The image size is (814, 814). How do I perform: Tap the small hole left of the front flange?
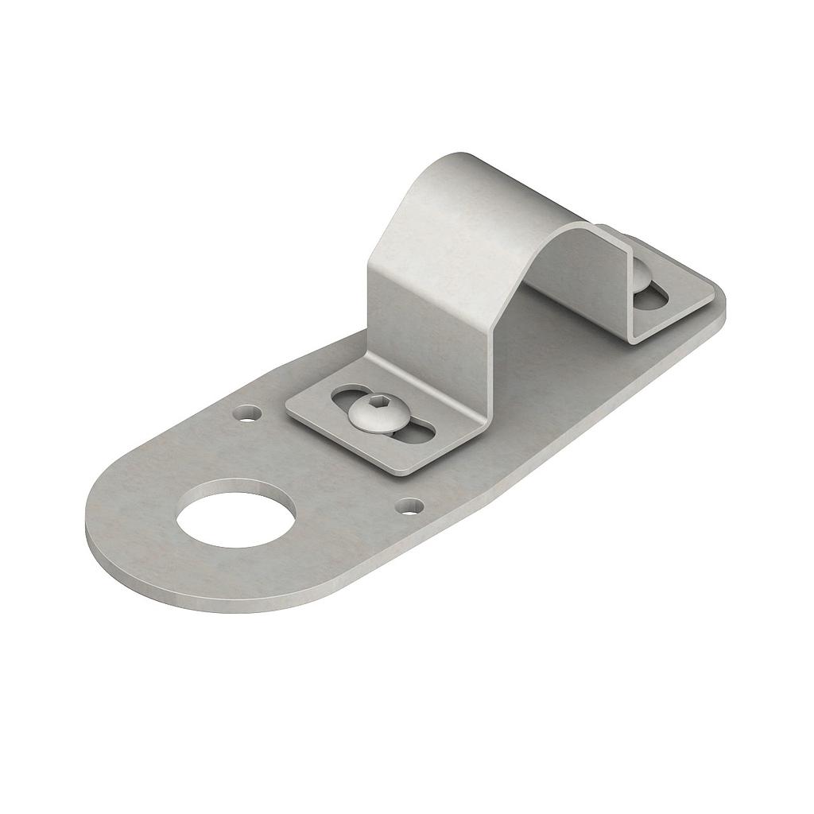coord(249,413)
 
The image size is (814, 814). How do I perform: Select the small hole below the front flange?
coord(410,505)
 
